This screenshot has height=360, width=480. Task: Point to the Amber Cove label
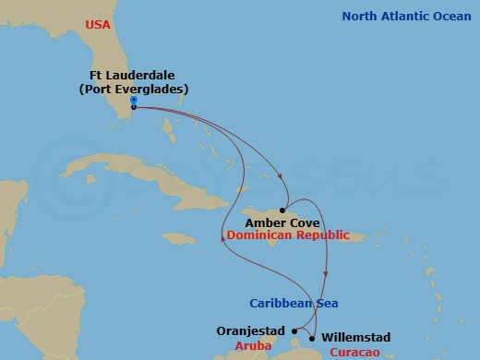click(x=282, y=222)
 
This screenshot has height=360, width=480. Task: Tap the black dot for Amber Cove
click(x=282, y=210)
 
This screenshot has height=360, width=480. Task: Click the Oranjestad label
click(x=250, y=330)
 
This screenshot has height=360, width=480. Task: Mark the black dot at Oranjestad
click(x=294, y=330)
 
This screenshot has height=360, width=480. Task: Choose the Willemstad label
click(x=356, y=338)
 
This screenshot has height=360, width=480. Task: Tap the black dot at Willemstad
click(x=312, y=338)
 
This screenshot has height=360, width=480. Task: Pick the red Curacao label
click(x=354, y=351)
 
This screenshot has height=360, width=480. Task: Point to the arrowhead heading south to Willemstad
click(x=326, y=276)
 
